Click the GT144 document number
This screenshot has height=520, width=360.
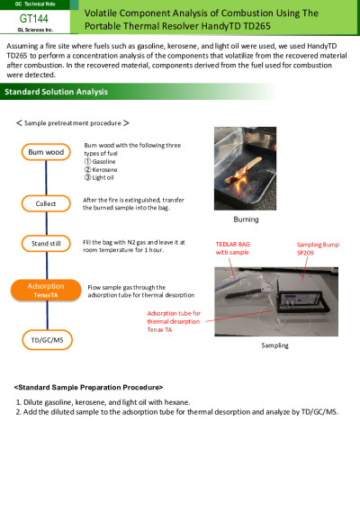[33, 18]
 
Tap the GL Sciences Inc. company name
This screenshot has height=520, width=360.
[35, 30]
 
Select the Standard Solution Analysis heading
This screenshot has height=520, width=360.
[56, 92]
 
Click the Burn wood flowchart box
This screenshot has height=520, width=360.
[46, 152]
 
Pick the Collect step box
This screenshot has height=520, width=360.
[46, 203]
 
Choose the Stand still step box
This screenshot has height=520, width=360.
[46, 244]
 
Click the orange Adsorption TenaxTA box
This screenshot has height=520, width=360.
[46, 291]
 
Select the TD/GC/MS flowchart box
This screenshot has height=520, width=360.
[47, 340]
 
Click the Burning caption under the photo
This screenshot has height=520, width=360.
[246, 220]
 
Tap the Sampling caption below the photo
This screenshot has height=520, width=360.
[274, 345]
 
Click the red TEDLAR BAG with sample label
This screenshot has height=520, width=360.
[233, 248]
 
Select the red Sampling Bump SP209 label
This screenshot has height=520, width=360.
[318, 248]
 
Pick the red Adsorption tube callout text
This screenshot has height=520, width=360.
[174, 321]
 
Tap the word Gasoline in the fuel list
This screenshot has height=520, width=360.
[103, 162]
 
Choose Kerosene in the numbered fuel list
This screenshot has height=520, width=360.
[104, 169]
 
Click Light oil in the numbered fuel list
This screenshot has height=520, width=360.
[103, 177]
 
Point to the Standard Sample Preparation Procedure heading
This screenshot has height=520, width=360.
[88, 388]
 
